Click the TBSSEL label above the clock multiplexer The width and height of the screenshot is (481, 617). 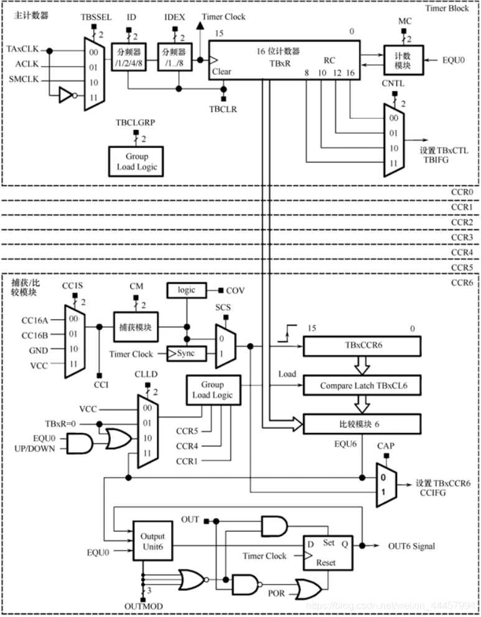coord(92,19)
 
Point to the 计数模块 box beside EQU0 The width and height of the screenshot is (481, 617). coord(403,60)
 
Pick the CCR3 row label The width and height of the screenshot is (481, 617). coord(462,237)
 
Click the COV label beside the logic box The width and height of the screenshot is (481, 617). coord(236,290)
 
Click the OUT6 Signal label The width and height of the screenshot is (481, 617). coord(411,546)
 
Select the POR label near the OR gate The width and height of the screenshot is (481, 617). coord(276,593)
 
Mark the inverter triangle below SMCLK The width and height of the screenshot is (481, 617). coord(65,95)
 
